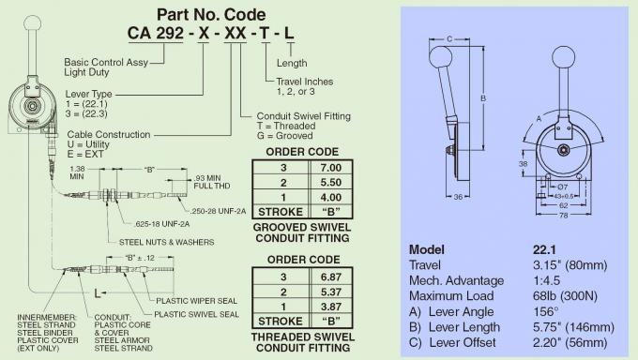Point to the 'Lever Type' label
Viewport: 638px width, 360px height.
click(89, 95)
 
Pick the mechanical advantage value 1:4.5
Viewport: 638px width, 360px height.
click(547, 281)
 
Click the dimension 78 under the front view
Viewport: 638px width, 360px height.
click(563, 215)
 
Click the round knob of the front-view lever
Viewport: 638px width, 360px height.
click(564, 58)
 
